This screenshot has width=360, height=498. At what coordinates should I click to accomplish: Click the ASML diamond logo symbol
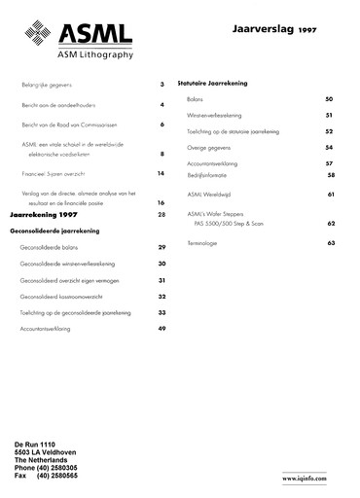pos(37,36)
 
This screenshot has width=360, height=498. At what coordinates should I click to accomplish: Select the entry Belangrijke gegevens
pos(46,86)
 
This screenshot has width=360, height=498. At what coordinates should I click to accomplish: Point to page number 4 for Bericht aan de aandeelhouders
pos(162,104)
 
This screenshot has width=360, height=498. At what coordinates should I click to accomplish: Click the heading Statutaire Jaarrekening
pos(216,83)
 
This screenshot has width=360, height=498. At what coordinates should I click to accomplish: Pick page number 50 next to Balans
pos(330,99)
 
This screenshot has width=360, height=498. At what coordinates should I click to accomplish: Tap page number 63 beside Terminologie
pos(330,242)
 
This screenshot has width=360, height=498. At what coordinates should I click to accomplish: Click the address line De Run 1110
pos(35,445)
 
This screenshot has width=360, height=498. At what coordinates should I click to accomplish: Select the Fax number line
pos(46,476)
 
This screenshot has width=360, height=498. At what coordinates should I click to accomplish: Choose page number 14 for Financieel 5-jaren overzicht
pos(161,173)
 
